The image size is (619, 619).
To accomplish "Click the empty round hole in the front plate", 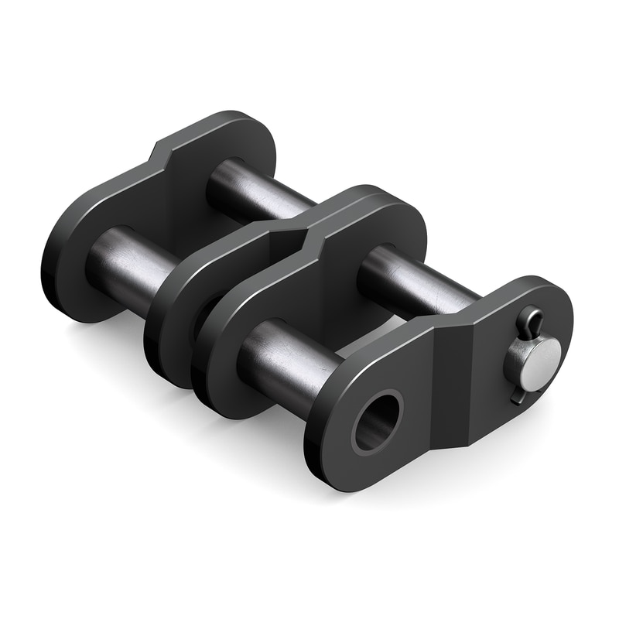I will [378, 420].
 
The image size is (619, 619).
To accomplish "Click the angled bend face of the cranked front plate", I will [453, 387].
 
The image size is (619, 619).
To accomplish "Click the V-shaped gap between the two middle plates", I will [294, 232].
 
